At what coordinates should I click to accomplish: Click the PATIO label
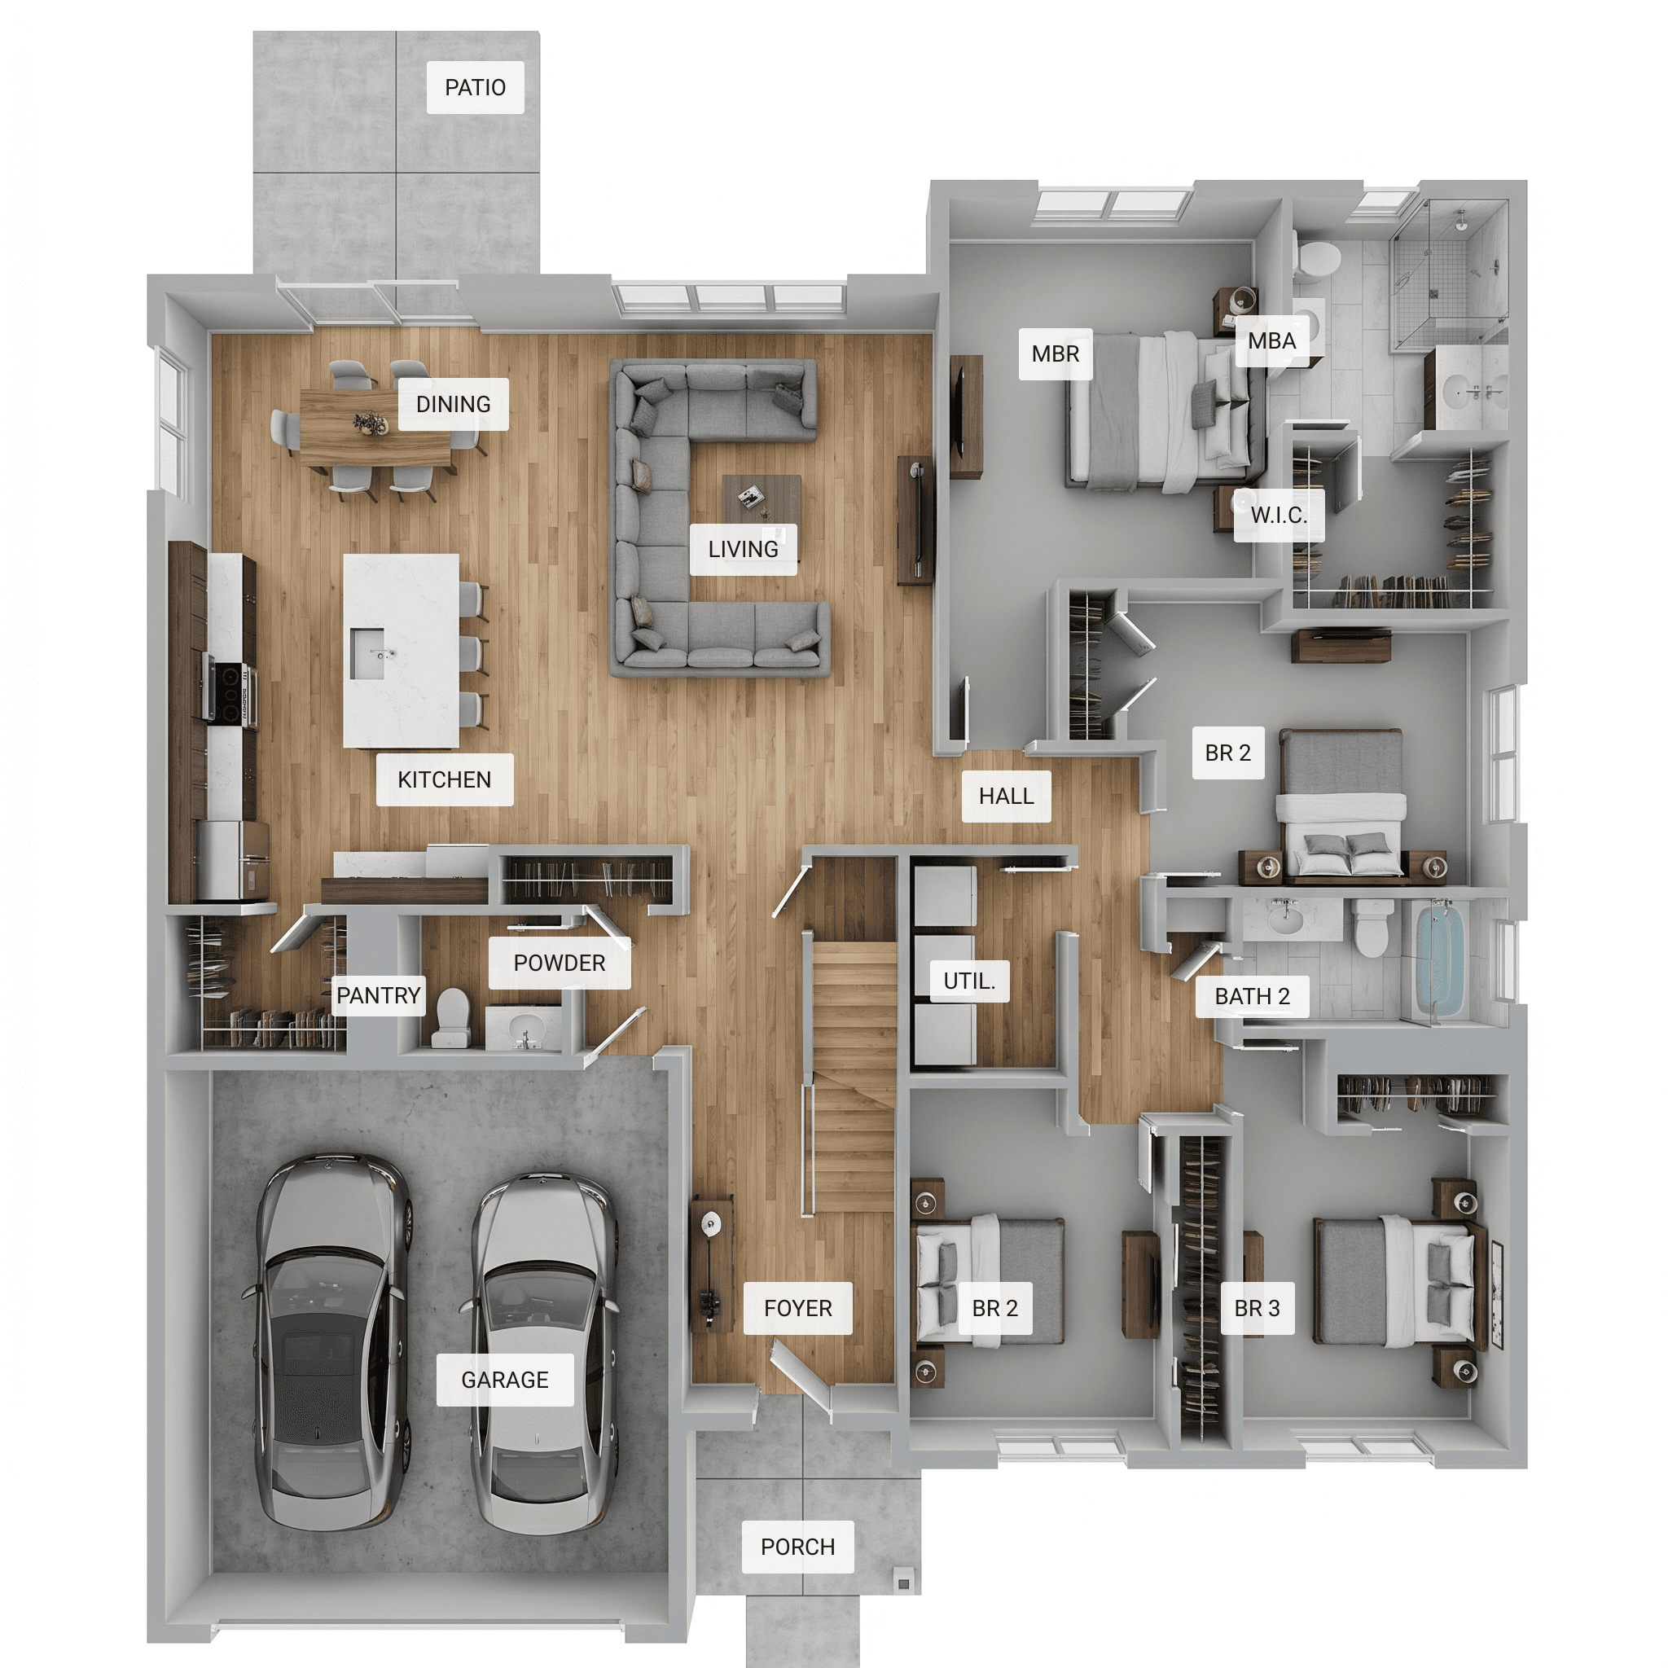click(475, 87)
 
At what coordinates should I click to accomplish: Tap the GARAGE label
click(504, 1380)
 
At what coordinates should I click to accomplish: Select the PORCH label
click(797, 1547)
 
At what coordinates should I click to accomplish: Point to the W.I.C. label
click(1279, 516)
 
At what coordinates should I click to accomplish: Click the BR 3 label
click(1257, 1308)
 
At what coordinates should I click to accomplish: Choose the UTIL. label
click(969, 981)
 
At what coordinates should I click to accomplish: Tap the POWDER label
click(560, 963)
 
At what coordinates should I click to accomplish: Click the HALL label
click(1007, 795)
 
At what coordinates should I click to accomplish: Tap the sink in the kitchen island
click(368, 652)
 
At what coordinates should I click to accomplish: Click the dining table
click(375, 428)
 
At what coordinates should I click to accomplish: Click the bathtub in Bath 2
click(1439, 960)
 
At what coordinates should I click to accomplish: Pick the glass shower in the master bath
click(1448, 274)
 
